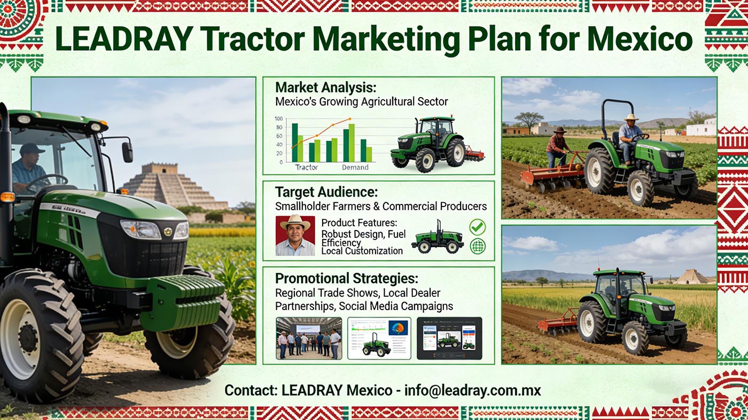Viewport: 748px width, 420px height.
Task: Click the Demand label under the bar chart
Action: click(x=355, y=167)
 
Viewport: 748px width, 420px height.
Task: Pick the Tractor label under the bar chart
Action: click(x=306, y=167)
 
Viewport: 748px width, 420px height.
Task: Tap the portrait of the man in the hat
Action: click(x=295, y=235)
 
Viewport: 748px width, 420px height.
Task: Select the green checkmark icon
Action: click(x=477, y=227)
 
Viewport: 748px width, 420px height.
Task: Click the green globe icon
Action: click(x=477, y=247)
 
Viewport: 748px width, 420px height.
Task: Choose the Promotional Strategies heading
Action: click(x=346, y=279)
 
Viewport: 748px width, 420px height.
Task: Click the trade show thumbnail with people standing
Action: click(x=309, y=338)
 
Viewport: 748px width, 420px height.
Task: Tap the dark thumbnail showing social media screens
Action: click(x=449, y=338)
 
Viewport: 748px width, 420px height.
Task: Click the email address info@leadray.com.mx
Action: click(x=473, y=390)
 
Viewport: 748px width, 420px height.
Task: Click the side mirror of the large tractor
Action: click(x=127, y=152)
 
